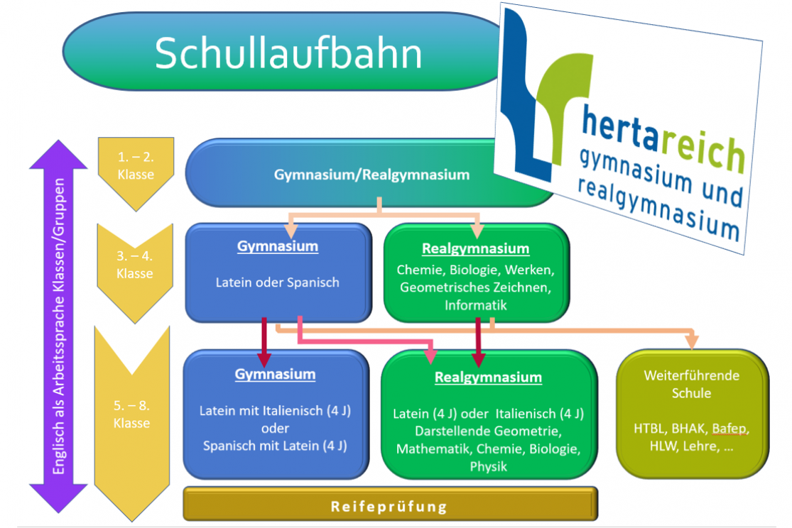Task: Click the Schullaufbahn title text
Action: point(288,53)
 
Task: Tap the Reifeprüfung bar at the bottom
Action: point(389,507)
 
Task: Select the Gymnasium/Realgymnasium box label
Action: point(371,175)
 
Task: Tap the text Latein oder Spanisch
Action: point(277,282)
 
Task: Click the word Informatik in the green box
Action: point(475,305)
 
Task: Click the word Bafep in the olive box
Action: point(730,429)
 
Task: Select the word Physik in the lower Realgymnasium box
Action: point(488,466)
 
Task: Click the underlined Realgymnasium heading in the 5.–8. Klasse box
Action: point(488,378)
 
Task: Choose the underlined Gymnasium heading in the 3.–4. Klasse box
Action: point(277,247)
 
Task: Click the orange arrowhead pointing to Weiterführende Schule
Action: point(693,343)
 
